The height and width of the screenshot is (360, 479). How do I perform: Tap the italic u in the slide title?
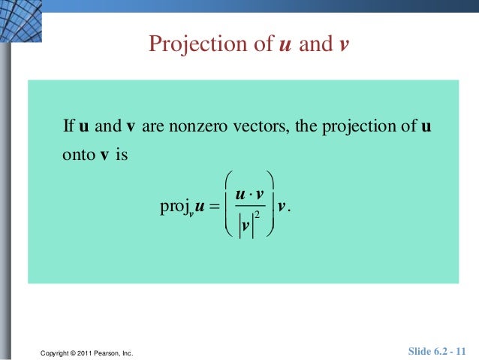coord(285,45)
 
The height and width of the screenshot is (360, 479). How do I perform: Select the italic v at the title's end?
coord(344,45)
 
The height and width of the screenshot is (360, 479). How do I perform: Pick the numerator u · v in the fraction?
coord(249,194)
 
